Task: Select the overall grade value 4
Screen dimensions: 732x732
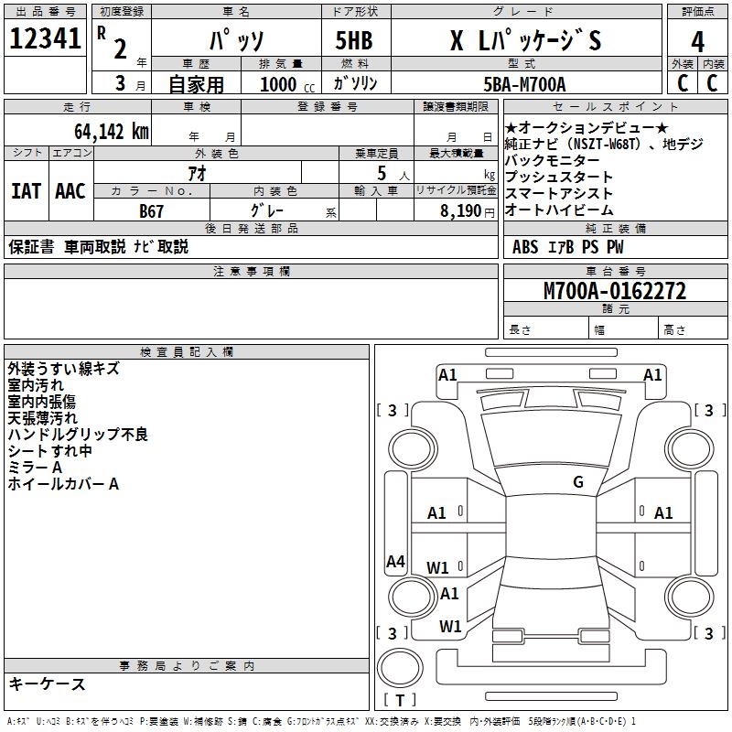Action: pos(697,42)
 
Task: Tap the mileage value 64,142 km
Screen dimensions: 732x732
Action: pos(102,131)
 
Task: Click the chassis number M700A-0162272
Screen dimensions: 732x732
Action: pos(615,292)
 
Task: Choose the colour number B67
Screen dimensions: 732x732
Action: pos(152,211)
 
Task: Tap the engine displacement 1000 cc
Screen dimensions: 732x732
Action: pos(280,84)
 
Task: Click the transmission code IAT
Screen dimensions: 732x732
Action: pos(26,191)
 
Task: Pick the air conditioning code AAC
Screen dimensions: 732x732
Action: pos(70,191)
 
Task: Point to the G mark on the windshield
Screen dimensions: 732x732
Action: pos(577,482)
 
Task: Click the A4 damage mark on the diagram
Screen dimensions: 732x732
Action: pos(395,562)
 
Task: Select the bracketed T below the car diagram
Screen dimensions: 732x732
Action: pos(399,701)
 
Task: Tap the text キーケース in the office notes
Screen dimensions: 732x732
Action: pos(47,684)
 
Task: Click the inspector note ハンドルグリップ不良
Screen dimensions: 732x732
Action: pos(78,435)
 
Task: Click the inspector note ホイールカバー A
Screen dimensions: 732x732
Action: pos(63,484)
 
